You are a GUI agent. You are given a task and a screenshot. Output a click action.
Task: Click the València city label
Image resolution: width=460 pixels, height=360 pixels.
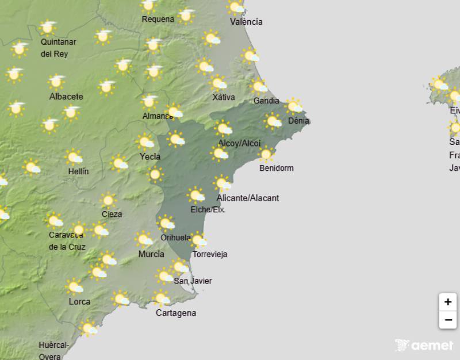click(x=246, y=22)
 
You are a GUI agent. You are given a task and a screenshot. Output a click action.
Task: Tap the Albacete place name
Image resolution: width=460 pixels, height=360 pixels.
click(x=66, y=97)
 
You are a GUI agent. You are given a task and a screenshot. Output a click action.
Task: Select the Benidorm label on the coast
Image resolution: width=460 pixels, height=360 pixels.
click(x=276, y=168)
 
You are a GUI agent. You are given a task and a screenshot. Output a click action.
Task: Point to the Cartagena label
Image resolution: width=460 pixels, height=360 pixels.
click(x=176, y=313)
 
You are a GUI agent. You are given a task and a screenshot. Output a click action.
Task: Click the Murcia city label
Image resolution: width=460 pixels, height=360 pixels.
click(x=151, y=254)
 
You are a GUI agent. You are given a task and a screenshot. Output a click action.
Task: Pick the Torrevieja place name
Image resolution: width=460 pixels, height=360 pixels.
click(x=210, y=254)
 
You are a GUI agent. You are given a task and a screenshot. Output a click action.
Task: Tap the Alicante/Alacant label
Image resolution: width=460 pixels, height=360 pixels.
click(x=248, y=198)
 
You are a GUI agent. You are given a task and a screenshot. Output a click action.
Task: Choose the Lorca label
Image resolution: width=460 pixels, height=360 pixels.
click(x=79, y=301)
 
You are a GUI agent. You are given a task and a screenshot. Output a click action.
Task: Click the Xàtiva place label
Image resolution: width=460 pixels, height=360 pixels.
click(x=224, y=97)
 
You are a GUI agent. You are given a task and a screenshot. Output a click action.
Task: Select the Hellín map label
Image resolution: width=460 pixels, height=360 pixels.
click(x=78, y=171)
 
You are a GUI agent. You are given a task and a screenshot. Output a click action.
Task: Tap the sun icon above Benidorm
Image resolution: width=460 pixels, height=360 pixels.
click(x=266, y=154)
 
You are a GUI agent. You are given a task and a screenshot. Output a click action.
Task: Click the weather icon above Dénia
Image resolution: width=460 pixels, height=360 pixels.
click(x=294, y=106)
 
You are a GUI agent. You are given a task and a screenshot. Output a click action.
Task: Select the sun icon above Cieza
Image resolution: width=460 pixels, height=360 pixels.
click(x=108, y=200)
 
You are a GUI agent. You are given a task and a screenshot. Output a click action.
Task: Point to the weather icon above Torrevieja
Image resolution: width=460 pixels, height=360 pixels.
click(x=198, y=240)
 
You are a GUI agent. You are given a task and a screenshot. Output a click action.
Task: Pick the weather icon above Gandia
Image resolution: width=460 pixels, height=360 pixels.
click(x=259, y=87)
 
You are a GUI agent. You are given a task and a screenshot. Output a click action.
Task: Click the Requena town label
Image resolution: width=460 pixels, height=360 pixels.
click(x=158, y=19)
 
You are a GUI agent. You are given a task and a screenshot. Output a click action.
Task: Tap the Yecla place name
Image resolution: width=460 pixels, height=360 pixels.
click(x=150, y=156)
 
